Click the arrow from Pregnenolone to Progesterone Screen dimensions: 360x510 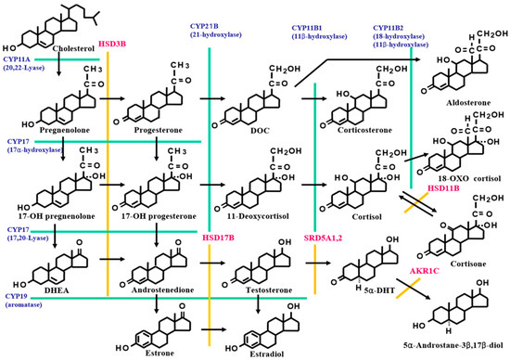click(x=108, y=95)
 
